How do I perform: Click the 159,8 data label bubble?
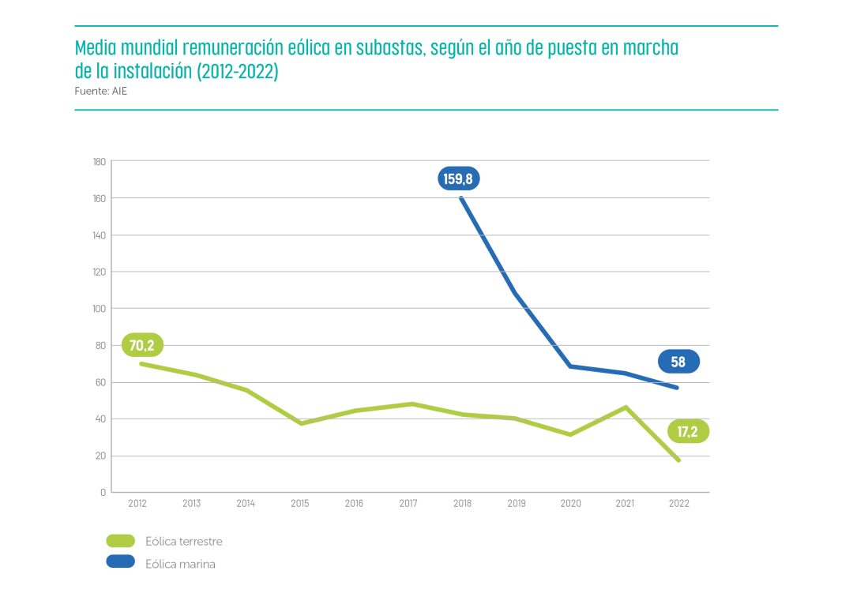458,179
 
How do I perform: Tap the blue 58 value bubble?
678,362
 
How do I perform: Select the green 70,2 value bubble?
142,345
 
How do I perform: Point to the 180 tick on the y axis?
99,162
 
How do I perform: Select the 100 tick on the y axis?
99,309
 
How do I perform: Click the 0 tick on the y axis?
103,493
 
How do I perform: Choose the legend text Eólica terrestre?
184,542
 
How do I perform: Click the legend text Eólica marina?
180,564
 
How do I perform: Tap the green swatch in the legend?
121,541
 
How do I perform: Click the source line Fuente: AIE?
101,91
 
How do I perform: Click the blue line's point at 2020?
570,366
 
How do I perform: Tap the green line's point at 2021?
625,407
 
